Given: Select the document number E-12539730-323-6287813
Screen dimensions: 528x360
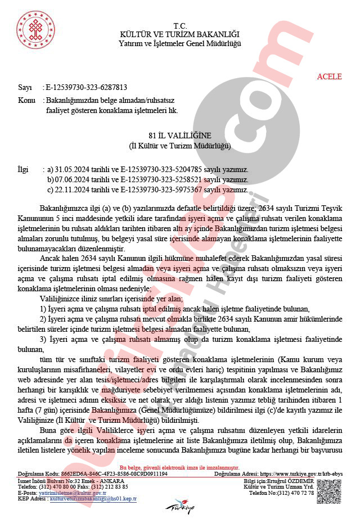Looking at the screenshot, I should (x=86, y=88).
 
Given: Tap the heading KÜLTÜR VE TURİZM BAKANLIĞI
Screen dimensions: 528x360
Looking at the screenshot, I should (x=180, y=35).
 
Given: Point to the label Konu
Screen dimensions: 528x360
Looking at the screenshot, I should (x=26, y=100).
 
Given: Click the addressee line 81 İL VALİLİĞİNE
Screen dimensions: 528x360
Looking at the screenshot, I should (x=180, y=136).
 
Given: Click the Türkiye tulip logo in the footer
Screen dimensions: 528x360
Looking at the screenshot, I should (x=179, y=506).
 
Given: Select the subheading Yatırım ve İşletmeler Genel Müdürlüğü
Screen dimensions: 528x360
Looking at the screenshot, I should (x=180, y=43).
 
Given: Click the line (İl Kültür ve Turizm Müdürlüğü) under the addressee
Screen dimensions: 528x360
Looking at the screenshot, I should (x=180, y=146).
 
